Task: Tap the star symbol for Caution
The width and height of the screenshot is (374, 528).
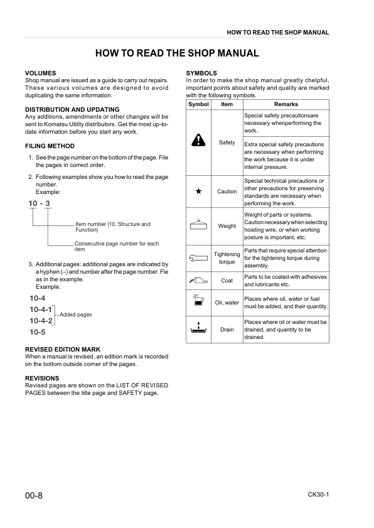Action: pos(199,191)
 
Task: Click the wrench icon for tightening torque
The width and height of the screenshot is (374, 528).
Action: pos(199,257)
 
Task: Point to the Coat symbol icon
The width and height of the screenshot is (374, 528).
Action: pos(199,280)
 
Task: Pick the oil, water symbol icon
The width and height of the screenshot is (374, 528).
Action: pos(199,301)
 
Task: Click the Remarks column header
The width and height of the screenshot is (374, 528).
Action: pos(286,104)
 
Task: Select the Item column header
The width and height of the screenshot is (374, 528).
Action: pos(227,104)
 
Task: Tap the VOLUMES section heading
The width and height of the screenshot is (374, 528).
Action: pos(40,73)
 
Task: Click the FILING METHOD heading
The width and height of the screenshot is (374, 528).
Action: pos(49,146)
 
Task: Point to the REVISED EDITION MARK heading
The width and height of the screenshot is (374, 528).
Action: pos(62,349)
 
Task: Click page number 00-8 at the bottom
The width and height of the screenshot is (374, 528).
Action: pos(34,496)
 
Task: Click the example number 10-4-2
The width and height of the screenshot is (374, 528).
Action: pos(41,321)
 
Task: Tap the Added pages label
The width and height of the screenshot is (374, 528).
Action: pos(75,315)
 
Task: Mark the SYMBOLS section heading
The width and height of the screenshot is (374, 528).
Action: pos(201,73)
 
